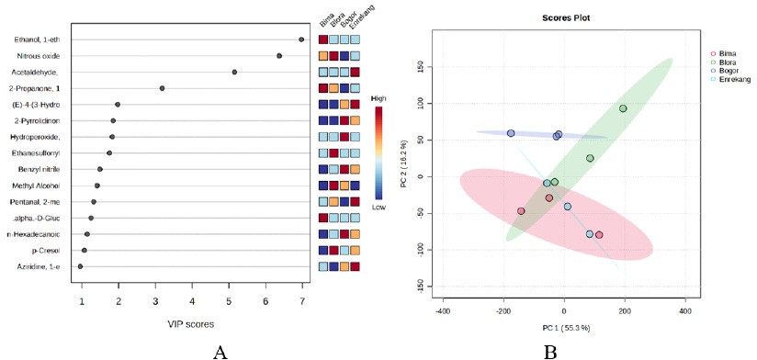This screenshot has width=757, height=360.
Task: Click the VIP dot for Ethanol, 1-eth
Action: pyautogui.click(x=301, y=39)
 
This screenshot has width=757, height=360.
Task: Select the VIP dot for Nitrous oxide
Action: pyautogui.click(x=279, y=56)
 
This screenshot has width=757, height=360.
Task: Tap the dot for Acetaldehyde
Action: pyautogui.click(x=234, y=72)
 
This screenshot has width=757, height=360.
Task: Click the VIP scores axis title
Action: pyautogui.click(x=191, y=325)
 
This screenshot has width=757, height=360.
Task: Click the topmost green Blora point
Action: pyautogui.click(x=623, y=108)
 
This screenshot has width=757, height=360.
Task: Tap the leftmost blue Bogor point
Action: pyautogui.click(x=511, y=133)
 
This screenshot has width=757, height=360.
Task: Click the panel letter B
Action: pyautogui.click(x=550, y=354)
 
